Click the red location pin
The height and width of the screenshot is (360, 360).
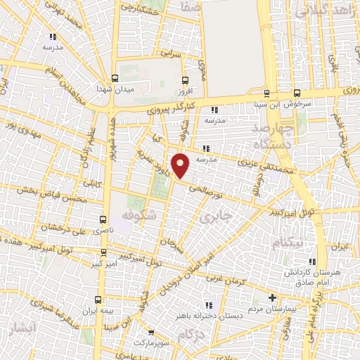click(x=181, y=165)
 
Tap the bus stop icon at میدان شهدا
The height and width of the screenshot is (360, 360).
click(x=115, y=79)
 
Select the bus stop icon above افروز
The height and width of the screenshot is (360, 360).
click(x=185, y=80)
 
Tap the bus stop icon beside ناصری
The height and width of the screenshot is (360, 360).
click(x=104, y=220)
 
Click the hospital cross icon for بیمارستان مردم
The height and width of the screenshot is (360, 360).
click(x=272, y=297)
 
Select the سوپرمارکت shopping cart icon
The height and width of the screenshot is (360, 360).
click(x=151, y=333)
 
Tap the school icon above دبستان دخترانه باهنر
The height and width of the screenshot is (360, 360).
click(x=209, y=304)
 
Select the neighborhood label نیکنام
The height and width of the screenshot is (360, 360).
click(x=290, y=243)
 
